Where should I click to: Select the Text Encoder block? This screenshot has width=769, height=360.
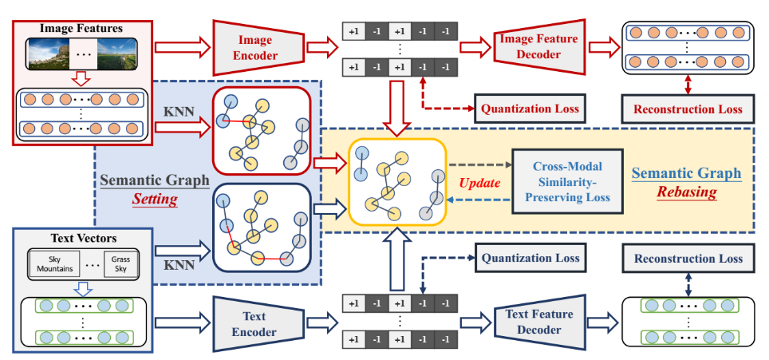(x=255, y=325)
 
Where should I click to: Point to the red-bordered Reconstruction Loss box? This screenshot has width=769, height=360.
(x=688, y=109)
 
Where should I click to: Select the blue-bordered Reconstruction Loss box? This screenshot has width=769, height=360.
(x=688, y=258)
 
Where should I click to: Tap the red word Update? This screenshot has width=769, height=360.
(x=479, y=183)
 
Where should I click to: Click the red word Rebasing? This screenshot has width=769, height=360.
(x=686, y=193)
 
